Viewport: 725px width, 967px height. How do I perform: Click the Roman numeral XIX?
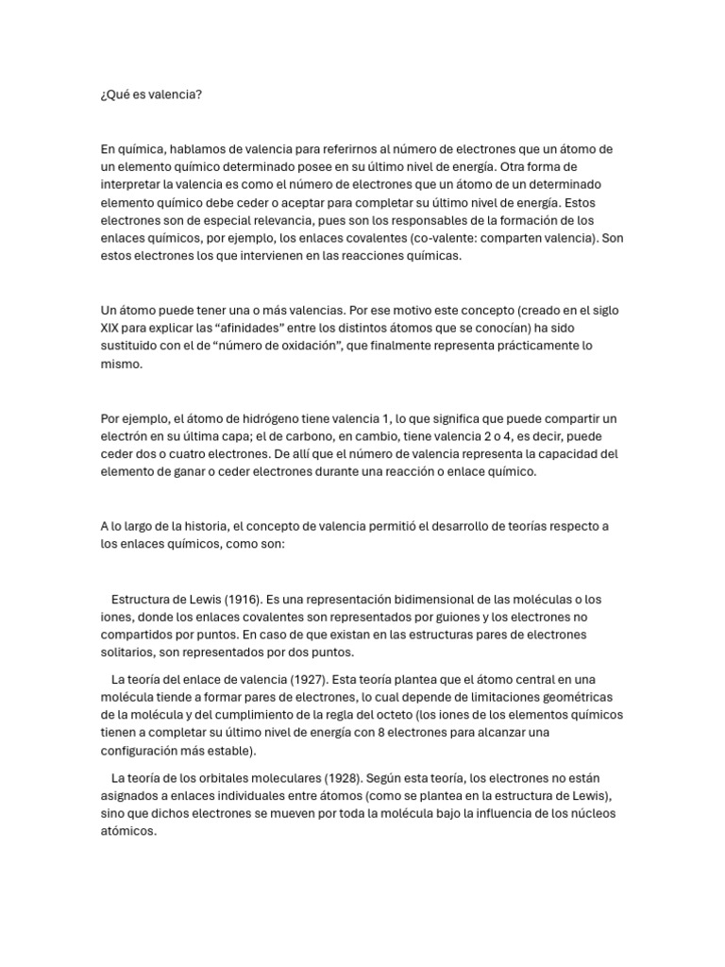[x=110, y=328]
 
